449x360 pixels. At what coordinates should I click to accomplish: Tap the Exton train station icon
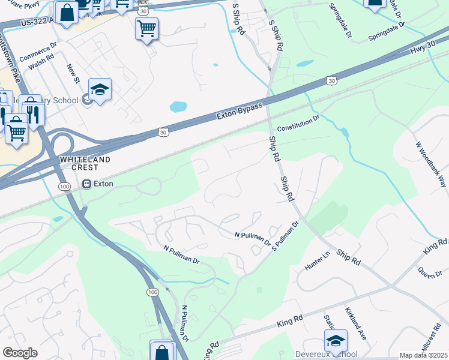click(x=87, y=184)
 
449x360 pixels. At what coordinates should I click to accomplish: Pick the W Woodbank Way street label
click(x=430, y=165)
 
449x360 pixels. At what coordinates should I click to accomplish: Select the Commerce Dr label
click(x=38, y=52)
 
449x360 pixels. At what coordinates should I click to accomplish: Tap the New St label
click(x=73, y=74)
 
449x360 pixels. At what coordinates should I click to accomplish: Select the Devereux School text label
click(x=327, y=354)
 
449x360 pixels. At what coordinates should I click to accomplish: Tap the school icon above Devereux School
click(x=336, y=340)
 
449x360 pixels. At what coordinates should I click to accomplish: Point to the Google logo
click(x=20, y=353)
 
